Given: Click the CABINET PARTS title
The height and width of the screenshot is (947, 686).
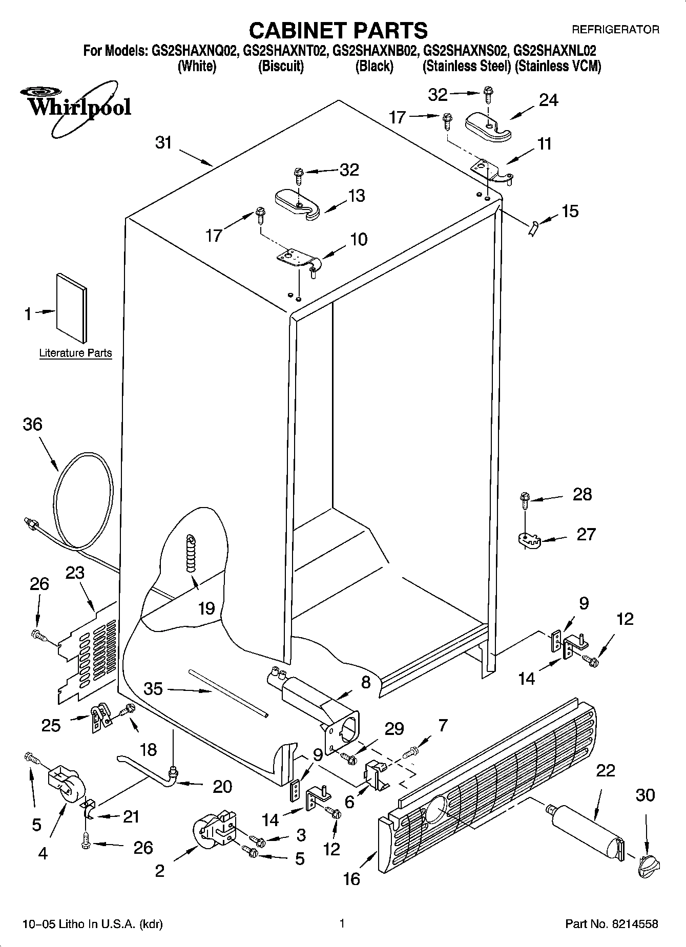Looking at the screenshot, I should point(338,31).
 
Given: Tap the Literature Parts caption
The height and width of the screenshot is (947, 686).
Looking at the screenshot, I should point(75,353).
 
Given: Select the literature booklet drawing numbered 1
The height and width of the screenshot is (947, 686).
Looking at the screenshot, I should point(71,307).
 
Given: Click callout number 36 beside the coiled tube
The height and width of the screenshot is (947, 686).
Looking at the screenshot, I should point(32,425).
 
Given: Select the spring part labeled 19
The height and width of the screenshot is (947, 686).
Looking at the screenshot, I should point(191,553).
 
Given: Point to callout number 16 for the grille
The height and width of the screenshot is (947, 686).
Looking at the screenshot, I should point(351,879).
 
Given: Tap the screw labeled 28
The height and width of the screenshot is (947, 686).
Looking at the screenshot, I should point(524,499).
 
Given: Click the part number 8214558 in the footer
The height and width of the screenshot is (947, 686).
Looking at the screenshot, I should point(634,924).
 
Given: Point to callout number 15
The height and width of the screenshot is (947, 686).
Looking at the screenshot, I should point(570,211).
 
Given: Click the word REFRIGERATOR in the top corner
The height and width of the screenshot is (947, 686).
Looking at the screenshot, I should point(615,30).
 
